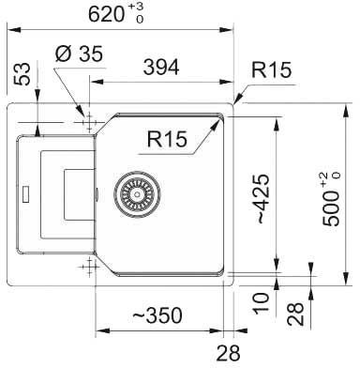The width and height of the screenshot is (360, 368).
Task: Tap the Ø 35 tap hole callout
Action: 79,54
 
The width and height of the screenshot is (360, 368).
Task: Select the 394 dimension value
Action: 161,67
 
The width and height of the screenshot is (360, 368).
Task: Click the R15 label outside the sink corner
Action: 271,69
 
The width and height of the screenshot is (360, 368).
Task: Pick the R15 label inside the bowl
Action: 167,139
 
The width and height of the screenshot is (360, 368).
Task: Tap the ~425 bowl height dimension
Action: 262,199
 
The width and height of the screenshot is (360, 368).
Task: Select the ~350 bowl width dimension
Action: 157,315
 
